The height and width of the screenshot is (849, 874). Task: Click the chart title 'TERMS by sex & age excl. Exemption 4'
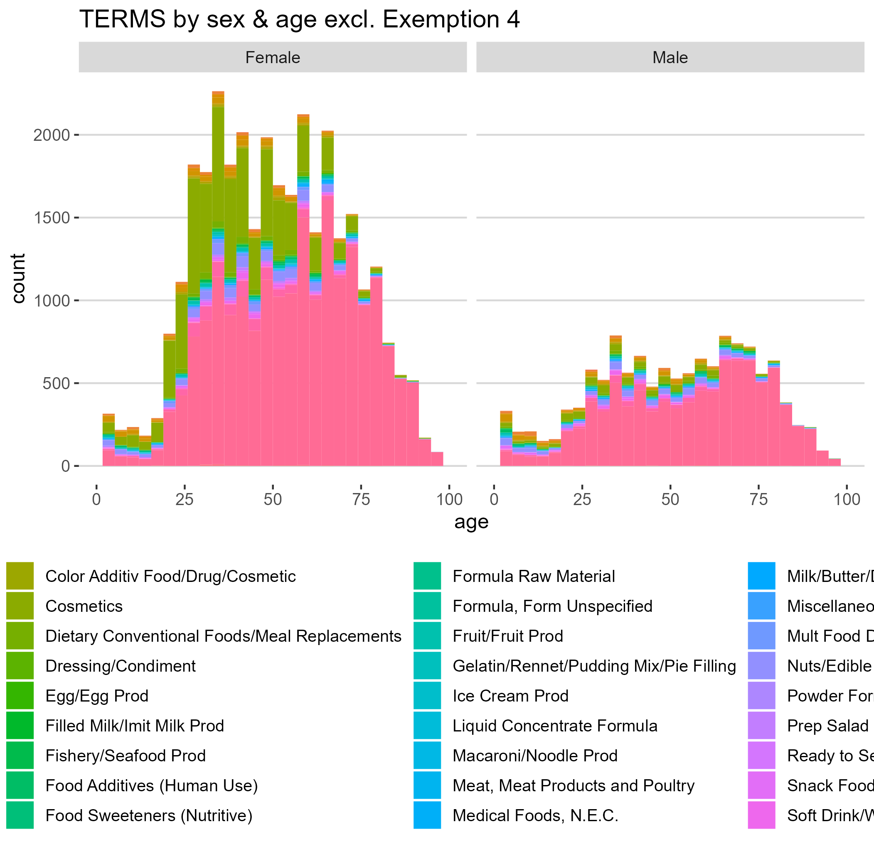(x=299, y=20)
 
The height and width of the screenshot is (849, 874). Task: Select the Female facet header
(x=273, y=57)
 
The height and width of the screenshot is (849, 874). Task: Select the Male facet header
(x=670, y=57)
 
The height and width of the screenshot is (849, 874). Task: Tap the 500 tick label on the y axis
(x=56, y=383)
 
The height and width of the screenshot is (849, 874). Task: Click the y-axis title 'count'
(x=18, y=279)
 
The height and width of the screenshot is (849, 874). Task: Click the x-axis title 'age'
(x=471, y=522)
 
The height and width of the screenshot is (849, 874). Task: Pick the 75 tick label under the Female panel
(x=360, y=499)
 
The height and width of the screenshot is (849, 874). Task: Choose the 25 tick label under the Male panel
(x=582, y=499)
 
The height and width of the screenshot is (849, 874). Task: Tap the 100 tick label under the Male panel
(x=846, y=499)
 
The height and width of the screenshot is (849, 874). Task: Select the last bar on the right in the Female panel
(x=437, y=459)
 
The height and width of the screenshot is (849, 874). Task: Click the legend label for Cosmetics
(x=84, y=606)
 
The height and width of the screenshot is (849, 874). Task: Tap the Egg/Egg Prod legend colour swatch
(x=20, y=696)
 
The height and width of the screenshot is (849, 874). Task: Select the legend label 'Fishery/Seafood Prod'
(x=126, y=756)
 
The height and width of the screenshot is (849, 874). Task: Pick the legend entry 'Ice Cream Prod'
(x=510, y=696)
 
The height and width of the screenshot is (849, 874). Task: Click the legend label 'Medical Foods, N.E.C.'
(x=535, y=815)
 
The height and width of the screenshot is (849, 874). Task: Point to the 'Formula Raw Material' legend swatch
(x=427, y=577)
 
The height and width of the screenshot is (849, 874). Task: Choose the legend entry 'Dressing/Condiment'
(x=121, y=666)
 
